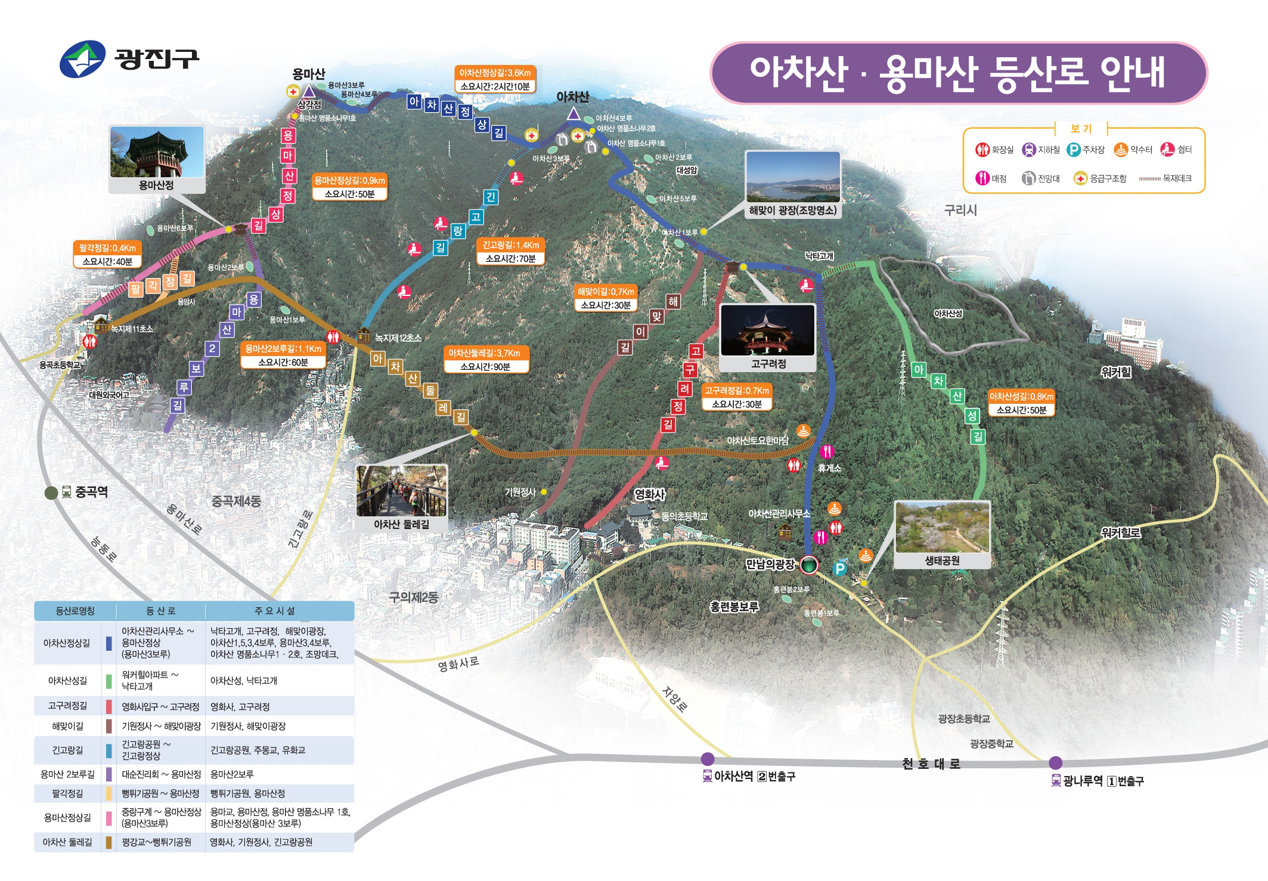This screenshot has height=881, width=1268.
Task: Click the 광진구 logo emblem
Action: coord(83,59)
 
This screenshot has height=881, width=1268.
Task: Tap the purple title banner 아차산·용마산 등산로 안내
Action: coord(957,73)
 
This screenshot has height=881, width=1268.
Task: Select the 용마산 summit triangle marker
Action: coord(309,91)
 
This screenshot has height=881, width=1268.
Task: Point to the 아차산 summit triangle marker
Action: coord(573,113)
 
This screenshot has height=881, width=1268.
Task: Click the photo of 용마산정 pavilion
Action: coord(157,152)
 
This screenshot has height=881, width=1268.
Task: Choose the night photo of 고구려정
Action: coord(768,330)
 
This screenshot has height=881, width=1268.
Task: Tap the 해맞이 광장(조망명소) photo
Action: coord(793,177)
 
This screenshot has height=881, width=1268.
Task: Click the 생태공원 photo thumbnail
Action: coord(942,527)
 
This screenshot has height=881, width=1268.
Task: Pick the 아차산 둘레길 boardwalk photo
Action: coord(401,491)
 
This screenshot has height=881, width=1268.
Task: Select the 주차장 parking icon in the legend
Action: coord(1074,150)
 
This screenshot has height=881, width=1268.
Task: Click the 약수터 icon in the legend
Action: coord(1121,150)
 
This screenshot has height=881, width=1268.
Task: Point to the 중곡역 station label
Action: coord(91,492)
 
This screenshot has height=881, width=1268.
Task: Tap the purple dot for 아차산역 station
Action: coord(708,759)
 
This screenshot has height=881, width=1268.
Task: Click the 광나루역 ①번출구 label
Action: coord(1103,781)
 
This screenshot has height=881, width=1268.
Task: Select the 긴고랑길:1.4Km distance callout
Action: coord(510,245)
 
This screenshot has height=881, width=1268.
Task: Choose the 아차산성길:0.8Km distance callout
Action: coord(1021,397)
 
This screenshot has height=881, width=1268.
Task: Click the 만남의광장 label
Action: coord(770,564)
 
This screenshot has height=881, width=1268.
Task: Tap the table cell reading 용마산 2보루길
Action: coord(67,774)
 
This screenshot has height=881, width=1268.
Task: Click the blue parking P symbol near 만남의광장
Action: coord(839,568)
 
